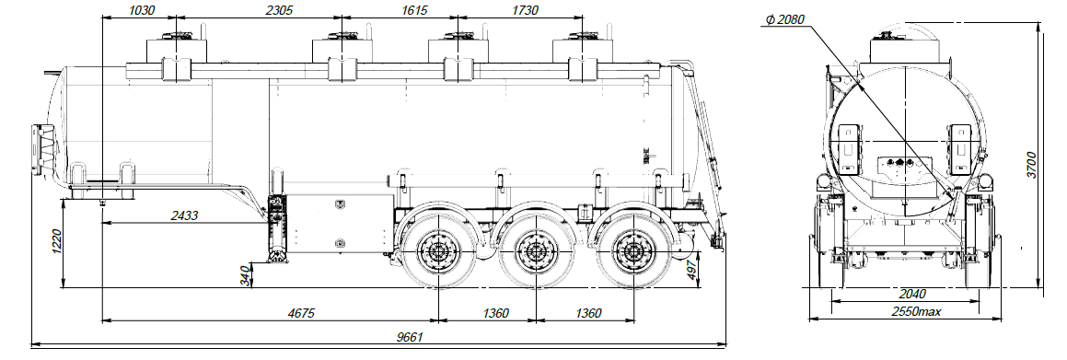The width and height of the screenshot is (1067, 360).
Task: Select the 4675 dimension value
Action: click(x=302, y=313)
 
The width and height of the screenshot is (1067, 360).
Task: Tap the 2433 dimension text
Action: click(x=184, y=215)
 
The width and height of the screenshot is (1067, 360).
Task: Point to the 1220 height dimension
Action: click(x=57, y=242)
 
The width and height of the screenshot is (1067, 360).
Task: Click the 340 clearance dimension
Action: click(x=246, y=276)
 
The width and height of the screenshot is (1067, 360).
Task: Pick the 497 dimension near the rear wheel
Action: click(x=690, y=270)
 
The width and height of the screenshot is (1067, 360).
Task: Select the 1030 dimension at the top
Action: click(x=142, y=10)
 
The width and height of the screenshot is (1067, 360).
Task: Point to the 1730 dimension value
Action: click(x=523, y=10)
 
